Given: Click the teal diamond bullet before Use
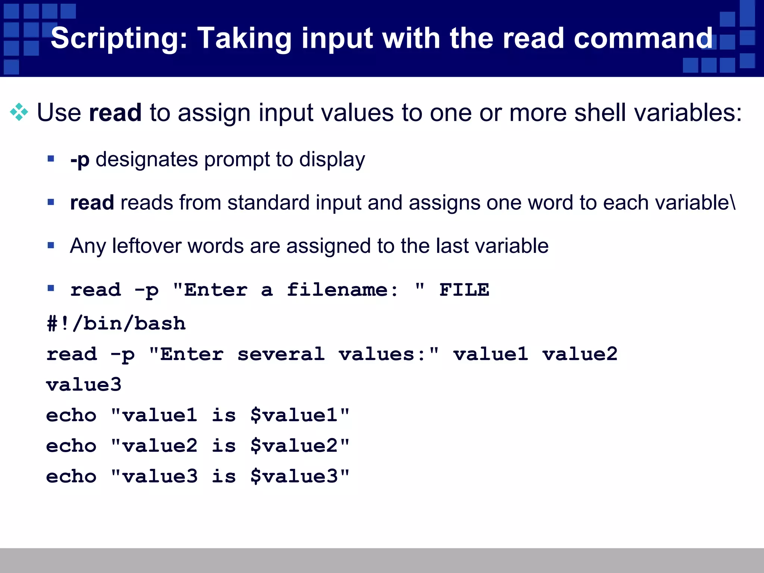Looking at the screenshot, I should [19, 112].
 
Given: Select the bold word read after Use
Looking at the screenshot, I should [115, 113].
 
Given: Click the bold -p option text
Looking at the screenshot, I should [80, 160].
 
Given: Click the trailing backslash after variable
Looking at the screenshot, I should [733, 203].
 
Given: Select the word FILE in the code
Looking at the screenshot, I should [464, 290].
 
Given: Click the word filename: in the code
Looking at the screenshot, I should [342, 290].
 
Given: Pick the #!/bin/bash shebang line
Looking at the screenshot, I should [116, 323].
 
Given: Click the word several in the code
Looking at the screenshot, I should [281, 354].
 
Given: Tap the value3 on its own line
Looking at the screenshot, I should [84, 385].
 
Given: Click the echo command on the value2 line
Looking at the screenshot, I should [71, 446].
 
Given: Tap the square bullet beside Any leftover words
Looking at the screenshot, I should [51, 245].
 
